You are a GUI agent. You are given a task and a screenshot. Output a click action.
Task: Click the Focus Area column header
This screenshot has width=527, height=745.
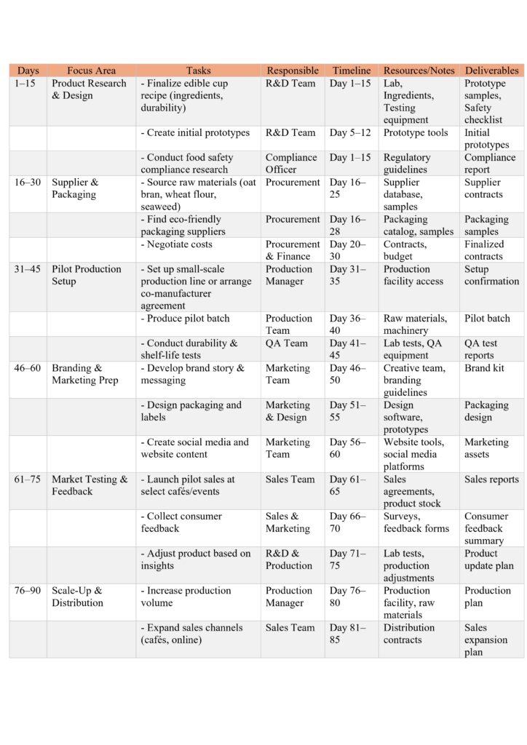tap(91, 71)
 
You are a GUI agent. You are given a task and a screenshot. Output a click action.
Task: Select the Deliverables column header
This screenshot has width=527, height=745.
tap(491, 71)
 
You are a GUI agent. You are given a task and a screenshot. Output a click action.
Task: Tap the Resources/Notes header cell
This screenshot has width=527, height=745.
tap(419, 71)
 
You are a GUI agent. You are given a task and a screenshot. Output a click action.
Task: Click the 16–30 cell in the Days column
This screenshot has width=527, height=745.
tap(28, 183)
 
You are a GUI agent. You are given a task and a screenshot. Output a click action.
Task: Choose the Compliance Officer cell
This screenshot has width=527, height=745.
tap(291, 164)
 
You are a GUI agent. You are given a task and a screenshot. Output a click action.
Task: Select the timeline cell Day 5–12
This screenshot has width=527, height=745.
tap(350, 133)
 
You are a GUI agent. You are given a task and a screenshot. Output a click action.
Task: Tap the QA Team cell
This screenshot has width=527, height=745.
tap(287, 343)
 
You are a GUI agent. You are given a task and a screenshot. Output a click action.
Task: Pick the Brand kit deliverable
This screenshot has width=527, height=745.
tap(484, 368)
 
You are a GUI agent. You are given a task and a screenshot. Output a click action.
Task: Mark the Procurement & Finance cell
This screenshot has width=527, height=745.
tap(293, 250)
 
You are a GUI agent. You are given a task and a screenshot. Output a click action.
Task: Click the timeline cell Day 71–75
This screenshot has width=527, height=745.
tap(349, 559)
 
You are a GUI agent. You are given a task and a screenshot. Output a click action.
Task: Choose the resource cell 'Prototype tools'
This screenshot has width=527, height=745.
tap(419, 133)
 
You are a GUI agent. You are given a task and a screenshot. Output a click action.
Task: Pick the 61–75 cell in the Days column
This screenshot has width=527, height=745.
tap(28, 479)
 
